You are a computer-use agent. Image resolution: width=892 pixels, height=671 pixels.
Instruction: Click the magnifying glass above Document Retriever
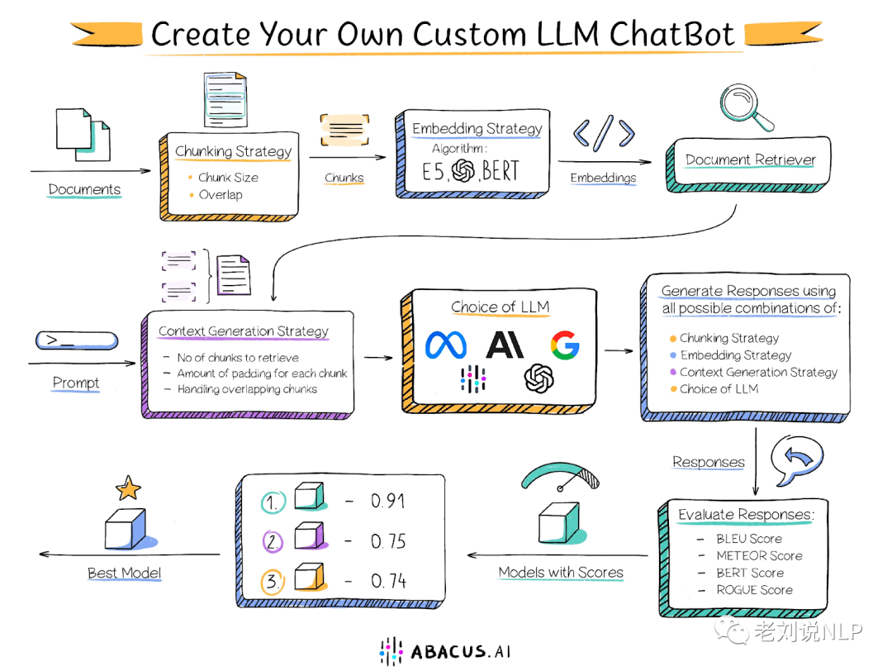point(745,107)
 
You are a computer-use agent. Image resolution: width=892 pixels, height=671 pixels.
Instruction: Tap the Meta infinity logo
point(446,345)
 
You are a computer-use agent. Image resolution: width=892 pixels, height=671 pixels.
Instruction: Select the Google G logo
point(564,345)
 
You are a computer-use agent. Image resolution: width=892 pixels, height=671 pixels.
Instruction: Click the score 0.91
point(388,501)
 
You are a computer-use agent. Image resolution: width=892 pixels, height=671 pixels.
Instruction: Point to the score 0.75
point(388,540)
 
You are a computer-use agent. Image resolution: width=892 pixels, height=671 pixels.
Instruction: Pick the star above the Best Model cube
point(128,488)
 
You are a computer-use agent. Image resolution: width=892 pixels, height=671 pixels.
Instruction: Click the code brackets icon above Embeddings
point(604,133)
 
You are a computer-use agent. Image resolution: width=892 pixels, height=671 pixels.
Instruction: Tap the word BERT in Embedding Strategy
point(501,170)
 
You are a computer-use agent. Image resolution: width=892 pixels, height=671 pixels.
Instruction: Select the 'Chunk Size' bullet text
point(228,178)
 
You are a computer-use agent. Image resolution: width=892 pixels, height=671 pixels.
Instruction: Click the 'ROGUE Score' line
point(754,590)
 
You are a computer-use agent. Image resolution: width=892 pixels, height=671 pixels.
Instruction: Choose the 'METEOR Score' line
point(760,555)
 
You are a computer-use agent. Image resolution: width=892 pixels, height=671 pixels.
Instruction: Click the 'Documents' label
point(84,189)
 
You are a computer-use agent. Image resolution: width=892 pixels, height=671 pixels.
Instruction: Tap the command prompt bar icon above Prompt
point(77,340)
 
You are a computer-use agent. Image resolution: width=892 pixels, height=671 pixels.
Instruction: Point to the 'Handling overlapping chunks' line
point(247,389)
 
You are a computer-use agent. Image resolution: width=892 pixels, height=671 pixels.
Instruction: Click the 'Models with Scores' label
point(561,573)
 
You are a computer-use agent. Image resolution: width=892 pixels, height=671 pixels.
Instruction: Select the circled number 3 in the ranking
point(273,581)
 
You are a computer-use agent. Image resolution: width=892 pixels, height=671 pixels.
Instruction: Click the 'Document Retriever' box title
point(750,160)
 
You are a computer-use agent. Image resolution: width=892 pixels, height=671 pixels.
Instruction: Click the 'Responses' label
point(709,462)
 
